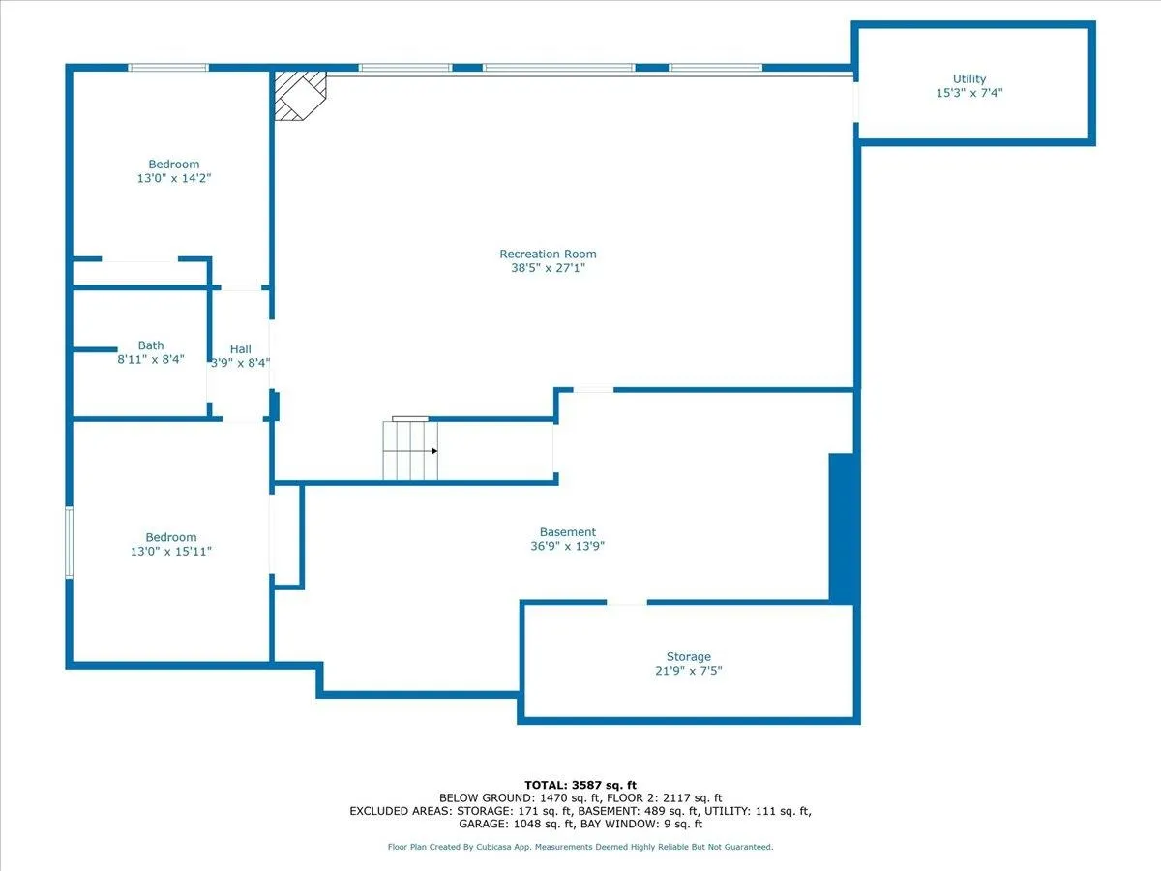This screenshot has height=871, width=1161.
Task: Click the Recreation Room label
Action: point(548,255)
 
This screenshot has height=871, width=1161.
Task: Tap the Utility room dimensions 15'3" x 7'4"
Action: point(968,94)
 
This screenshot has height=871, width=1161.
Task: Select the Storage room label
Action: point(688,657)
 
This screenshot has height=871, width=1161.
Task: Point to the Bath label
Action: point(151,345)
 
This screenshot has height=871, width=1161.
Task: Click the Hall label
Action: point(240,349)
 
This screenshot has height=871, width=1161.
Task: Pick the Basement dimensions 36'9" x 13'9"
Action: point(567,546)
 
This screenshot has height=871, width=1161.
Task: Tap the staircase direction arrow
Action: point(434,451)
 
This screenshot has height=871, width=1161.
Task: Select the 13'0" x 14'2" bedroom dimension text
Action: point(174,179)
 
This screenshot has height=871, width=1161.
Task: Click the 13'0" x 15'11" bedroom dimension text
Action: point(171,552)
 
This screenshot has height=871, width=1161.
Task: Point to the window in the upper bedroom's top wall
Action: point(168,68)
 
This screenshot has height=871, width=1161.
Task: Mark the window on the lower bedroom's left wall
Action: point(69,542)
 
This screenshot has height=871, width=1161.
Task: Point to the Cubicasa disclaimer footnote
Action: point(580,847)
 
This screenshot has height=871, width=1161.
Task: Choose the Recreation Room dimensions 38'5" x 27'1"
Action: point(548,269)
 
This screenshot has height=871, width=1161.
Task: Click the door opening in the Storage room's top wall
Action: point(627,602)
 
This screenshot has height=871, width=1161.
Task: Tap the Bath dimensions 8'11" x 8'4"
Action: point(152,360)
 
